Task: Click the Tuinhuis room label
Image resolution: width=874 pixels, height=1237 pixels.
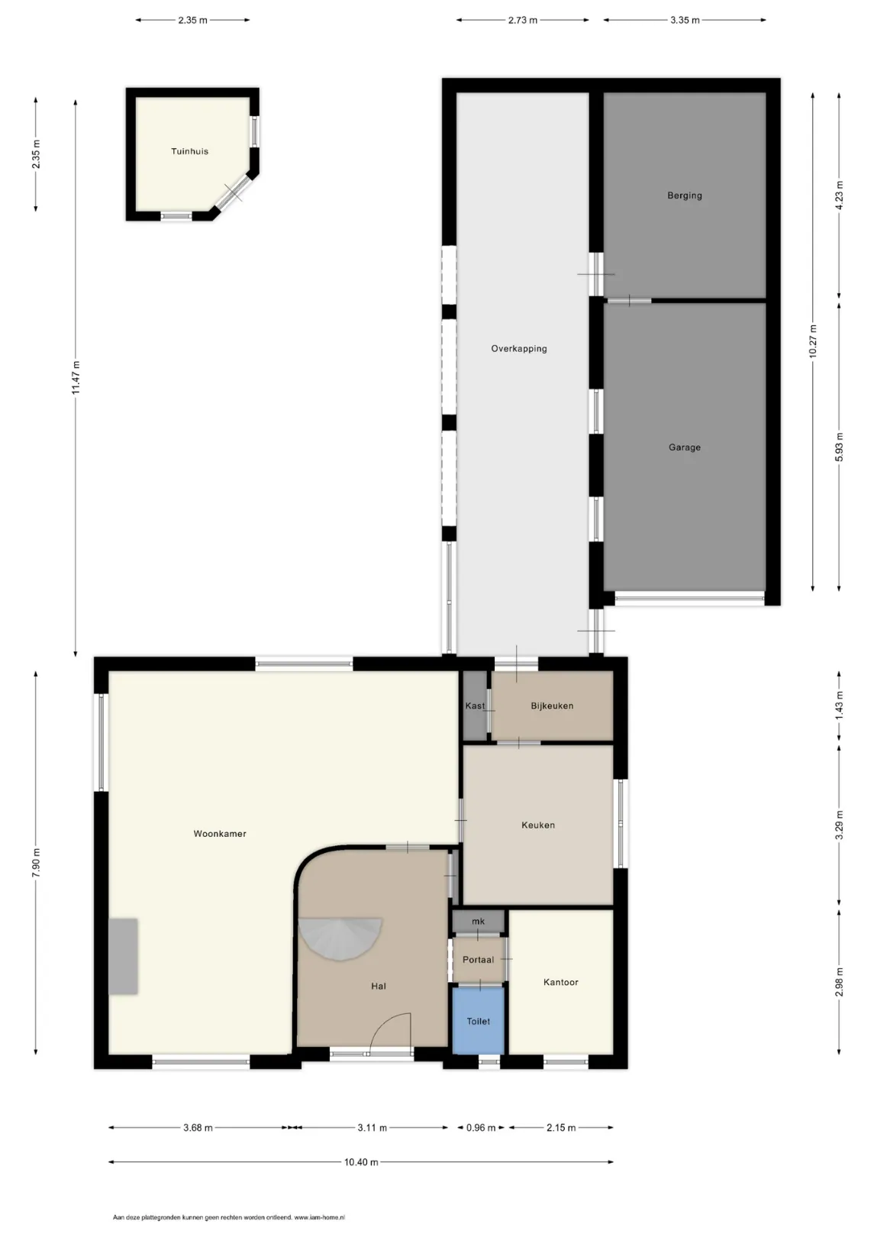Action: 189,151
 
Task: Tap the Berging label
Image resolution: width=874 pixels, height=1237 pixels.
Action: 684,195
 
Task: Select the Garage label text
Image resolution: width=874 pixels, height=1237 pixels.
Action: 684,447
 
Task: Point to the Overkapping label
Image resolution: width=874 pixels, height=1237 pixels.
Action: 519,348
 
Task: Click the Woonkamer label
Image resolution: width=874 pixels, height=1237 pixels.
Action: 220,833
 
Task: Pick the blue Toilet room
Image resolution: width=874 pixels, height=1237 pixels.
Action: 478,1021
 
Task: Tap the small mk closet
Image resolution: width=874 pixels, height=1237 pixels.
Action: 478,921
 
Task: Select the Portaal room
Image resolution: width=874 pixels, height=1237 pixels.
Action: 478,960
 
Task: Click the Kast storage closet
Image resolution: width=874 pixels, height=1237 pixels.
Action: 475,706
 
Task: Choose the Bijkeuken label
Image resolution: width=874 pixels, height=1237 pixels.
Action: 552,706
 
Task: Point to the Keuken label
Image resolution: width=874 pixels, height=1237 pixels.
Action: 538,825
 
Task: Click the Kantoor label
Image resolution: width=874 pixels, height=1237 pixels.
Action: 560,982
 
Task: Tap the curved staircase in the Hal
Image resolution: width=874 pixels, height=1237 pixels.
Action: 340,938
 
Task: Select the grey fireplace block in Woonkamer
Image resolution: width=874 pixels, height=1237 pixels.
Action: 123,957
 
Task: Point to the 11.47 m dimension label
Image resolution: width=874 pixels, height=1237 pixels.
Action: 76,377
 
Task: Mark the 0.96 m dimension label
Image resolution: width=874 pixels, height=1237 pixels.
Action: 481,1128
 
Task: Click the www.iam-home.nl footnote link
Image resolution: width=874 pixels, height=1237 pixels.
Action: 319,1217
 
